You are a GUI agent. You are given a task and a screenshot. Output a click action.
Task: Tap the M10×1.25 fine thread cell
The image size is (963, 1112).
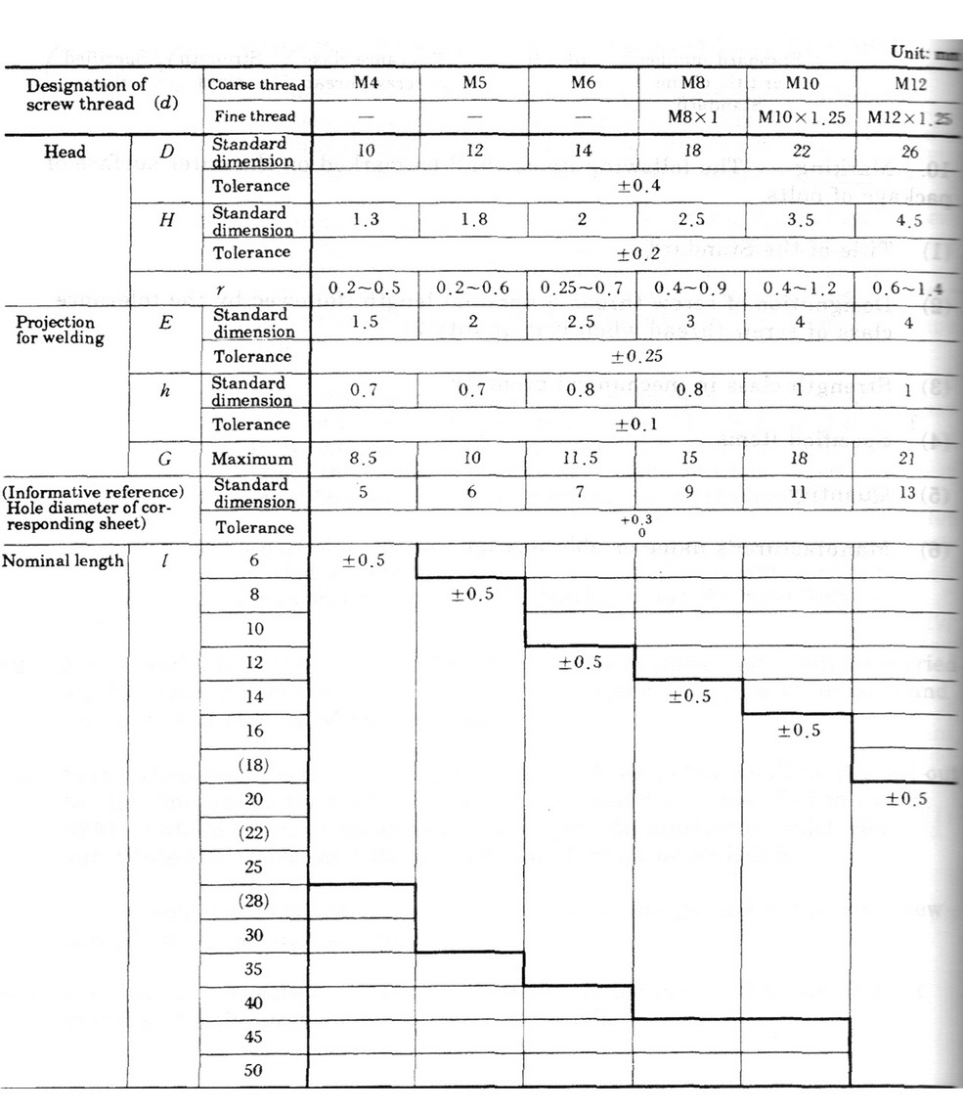797,117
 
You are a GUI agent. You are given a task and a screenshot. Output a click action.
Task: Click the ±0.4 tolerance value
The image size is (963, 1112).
635,186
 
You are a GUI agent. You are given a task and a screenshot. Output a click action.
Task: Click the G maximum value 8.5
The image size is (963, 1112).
363,458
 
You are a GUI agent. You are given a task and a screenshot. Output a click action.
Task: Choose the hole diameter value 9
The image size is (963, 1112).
688,493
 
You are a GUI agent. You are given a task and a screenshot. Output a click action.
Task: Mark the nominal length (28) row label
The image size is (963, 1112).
253,900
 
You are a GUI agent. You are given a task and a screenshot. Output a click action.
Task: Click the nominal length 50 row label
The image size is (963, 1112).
253,1070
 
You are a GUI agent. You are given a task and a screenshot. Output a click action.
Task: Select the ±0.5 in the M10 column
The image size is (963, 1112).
798,731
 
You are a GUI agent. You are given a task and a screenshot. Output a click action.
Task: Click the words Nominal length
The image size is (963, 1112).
64,560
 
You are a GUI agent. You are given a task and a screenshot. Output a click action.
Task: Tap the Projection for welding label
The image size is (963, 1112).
56,331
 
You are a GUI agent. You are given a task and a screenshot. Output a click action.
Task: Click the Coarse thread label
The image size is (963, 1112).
256,84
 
